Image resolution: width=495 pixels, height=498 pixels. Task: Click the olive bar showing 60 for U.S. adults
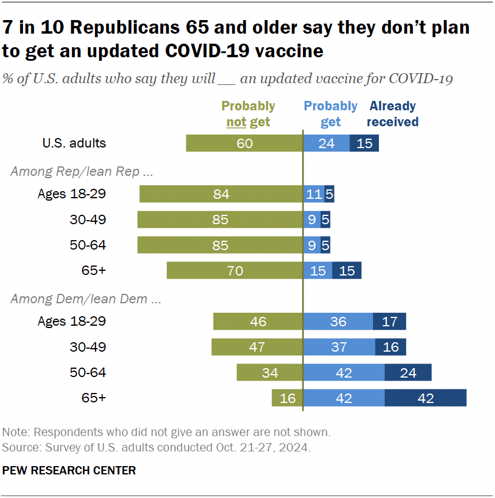click(244, 143)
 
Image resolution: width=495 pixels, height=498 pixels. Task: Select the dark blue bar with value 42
click(425, 398)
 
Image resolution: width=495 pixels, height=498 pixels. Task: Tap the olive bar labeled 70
click(235, 270)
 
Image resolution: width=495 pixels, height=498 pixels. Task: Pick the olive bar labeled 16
click(287, 398)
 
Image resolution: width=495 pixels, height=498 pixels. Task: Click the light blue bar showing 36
click(338, 322)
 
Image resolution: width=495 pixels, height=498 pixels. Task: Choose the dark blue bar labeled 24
click(408, 372)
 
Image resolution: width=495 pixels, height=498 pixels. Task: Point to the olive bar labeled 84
click(221, 194)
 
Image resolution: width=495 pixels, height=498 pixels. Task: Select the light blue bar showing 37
click(339, 347)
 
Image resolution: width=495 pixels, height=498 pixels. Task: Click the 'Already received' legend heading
click(392, 114)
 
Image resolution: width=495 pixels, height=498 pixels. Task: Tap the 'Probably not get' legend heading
click(248, 114)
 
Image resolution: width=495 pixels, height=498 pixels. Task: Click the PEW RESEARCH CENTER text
click(69, 470)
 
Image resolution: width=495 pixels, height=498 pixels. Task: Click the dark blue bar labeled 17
click(390, 322)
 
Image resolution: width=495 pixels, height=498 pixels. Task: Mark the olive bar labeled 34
click(270, 372)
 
